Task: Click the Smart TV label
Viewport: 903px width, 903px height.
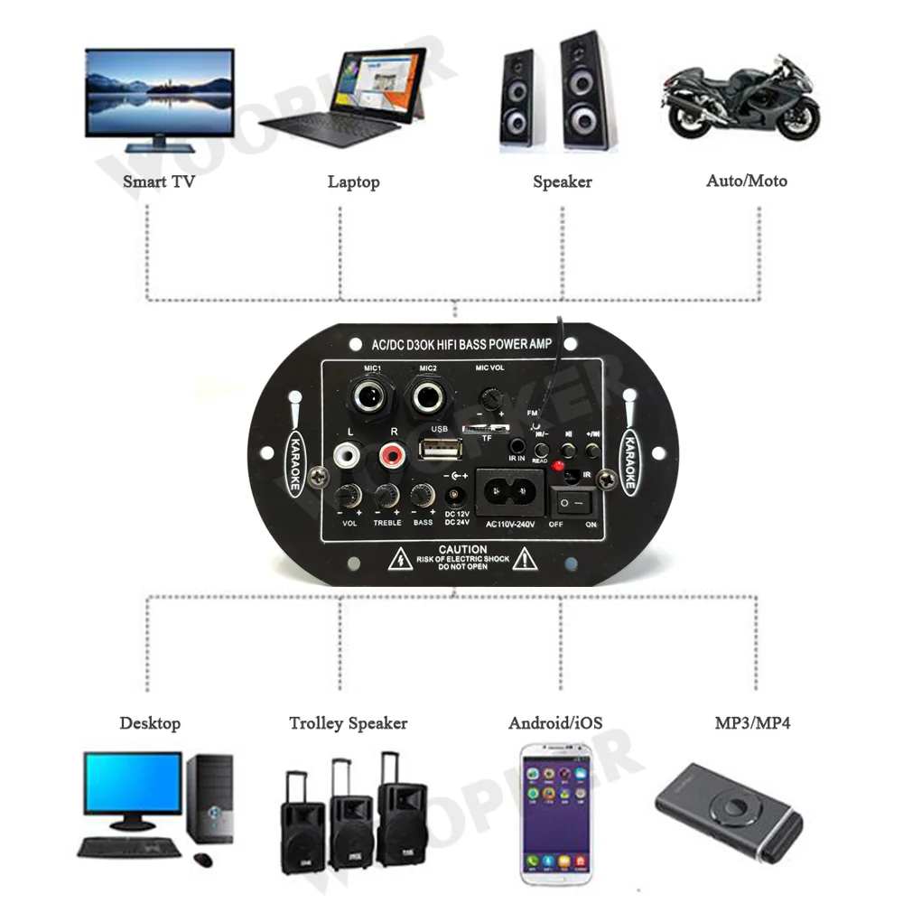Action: coord(159,182)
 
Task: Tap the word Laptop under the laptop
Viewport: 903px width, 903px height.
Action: coord(353,182)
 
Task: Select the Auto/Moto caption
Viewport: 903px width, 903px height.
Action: coord(746,181)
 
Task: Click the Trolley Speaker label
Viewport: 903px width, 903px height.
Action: coord(348,723)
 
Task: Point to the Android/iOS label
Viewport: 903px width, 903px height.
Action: coord(554,723)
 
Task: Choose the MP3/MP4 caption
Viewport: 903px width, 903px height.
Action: coord(752,723)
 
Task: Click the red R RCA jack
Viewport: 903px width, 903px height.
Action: coord(391,454)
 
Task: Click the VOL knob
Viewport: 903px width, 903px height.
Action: coord(348,495)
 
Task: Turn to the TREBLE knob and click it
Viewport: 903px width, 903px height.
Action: coord(386,495)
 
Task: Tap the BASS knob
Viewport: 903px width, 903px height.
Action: coord(422,495)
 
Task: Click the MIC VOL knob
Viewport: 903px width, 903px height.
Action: coord(490,396)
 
